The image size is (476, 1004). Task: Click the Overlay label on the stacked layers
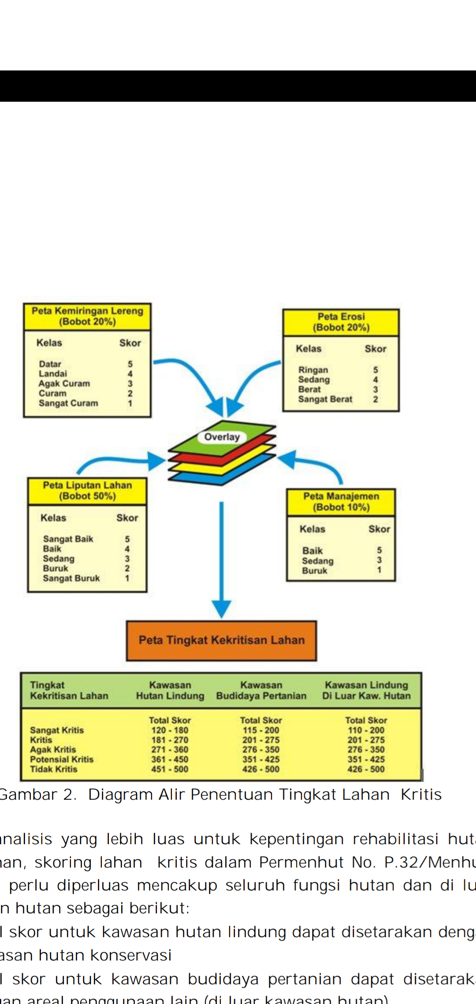pyautogui.click(x=222, y=437)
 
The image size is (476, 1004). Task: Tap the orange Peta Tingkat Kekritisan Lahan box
pyautogui.click(x=221, y=640)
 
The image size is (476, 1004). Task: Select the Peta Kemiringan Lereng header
pyautogui.click(x=87, y=316)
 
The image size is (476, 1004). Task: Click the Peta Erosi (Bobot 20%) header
pyautogui.click(x=341, y=322)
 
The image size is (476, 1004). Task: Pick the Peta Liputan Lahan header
pyautogui.click(x=87, y=491)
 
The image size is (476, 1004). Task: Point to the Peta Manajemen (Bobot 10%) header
pyautogui.click(x=341, y=502)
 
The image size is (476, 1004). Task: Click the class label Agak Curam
pyautogui.click(x=64, y=384)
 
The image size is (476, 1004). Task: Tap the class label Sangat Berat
pyautogui.click(x=325, y=399)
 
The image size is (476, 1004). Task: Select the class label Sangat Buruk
pyautogui.click(x=71, y=578)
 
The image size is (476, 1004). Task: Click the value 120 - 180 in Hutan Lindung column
pyautogui.click(x=170, y=730)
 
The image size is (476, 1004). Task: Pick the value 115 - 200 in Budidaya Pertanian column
pyautogui.click(x=261, y=730)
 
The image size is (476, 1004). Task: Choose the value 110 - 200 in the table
pyautogui.click(x=366, y=730)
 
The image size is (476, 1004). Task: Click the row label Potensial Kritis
pyautogui.click(x=62, y=759)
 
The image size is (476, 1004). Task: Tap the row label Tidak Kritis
pyautogui.click(x=53, y=769)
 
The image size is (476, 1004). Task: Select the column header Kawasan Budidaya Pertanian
pyautogui.click(x=261, y=690)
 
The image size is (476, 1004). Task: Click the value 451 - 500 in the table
pyautogui.click(x=170, y=769)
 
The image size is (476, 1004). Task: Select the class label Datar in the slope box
pyautogui.click(x=50, y=364)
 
